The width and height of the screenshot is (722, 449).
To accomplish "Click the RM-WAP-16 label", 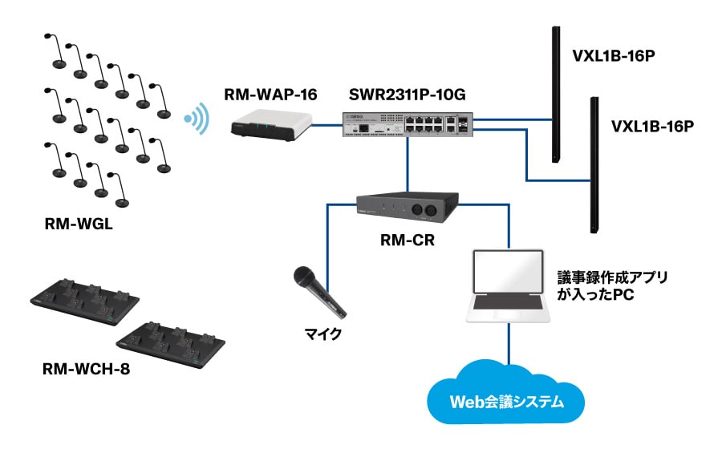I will (x=271, y=95).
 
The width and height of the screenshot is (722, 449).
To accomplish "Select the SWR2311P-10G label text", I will (x=408, y=95).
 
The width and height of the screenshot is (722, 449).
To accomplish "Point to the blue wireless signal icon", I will (x=196, y=120).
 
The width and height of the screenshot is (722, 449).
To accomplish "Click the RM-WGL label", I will (x=79, y=224).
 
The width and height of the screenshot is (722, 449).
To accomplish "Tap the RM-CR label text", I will (x=408, y=238).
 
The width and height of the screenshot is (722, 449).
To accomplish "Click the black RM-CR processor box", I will (x=408, y=210).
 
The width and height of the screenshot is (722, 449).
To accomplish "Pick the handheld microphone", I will (x=318, y=289).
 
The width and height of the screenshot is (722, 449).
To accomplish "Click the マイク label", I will (x=318, y=334).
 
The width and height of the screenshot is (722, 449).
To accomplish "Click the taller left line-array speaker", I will (x=555, y=95).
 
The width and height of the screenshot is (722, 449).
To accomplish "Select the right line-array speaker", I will (x=594, y=164).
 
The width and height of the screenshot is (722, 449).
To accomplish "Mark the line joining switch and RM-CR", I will (x=408, y=164).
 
